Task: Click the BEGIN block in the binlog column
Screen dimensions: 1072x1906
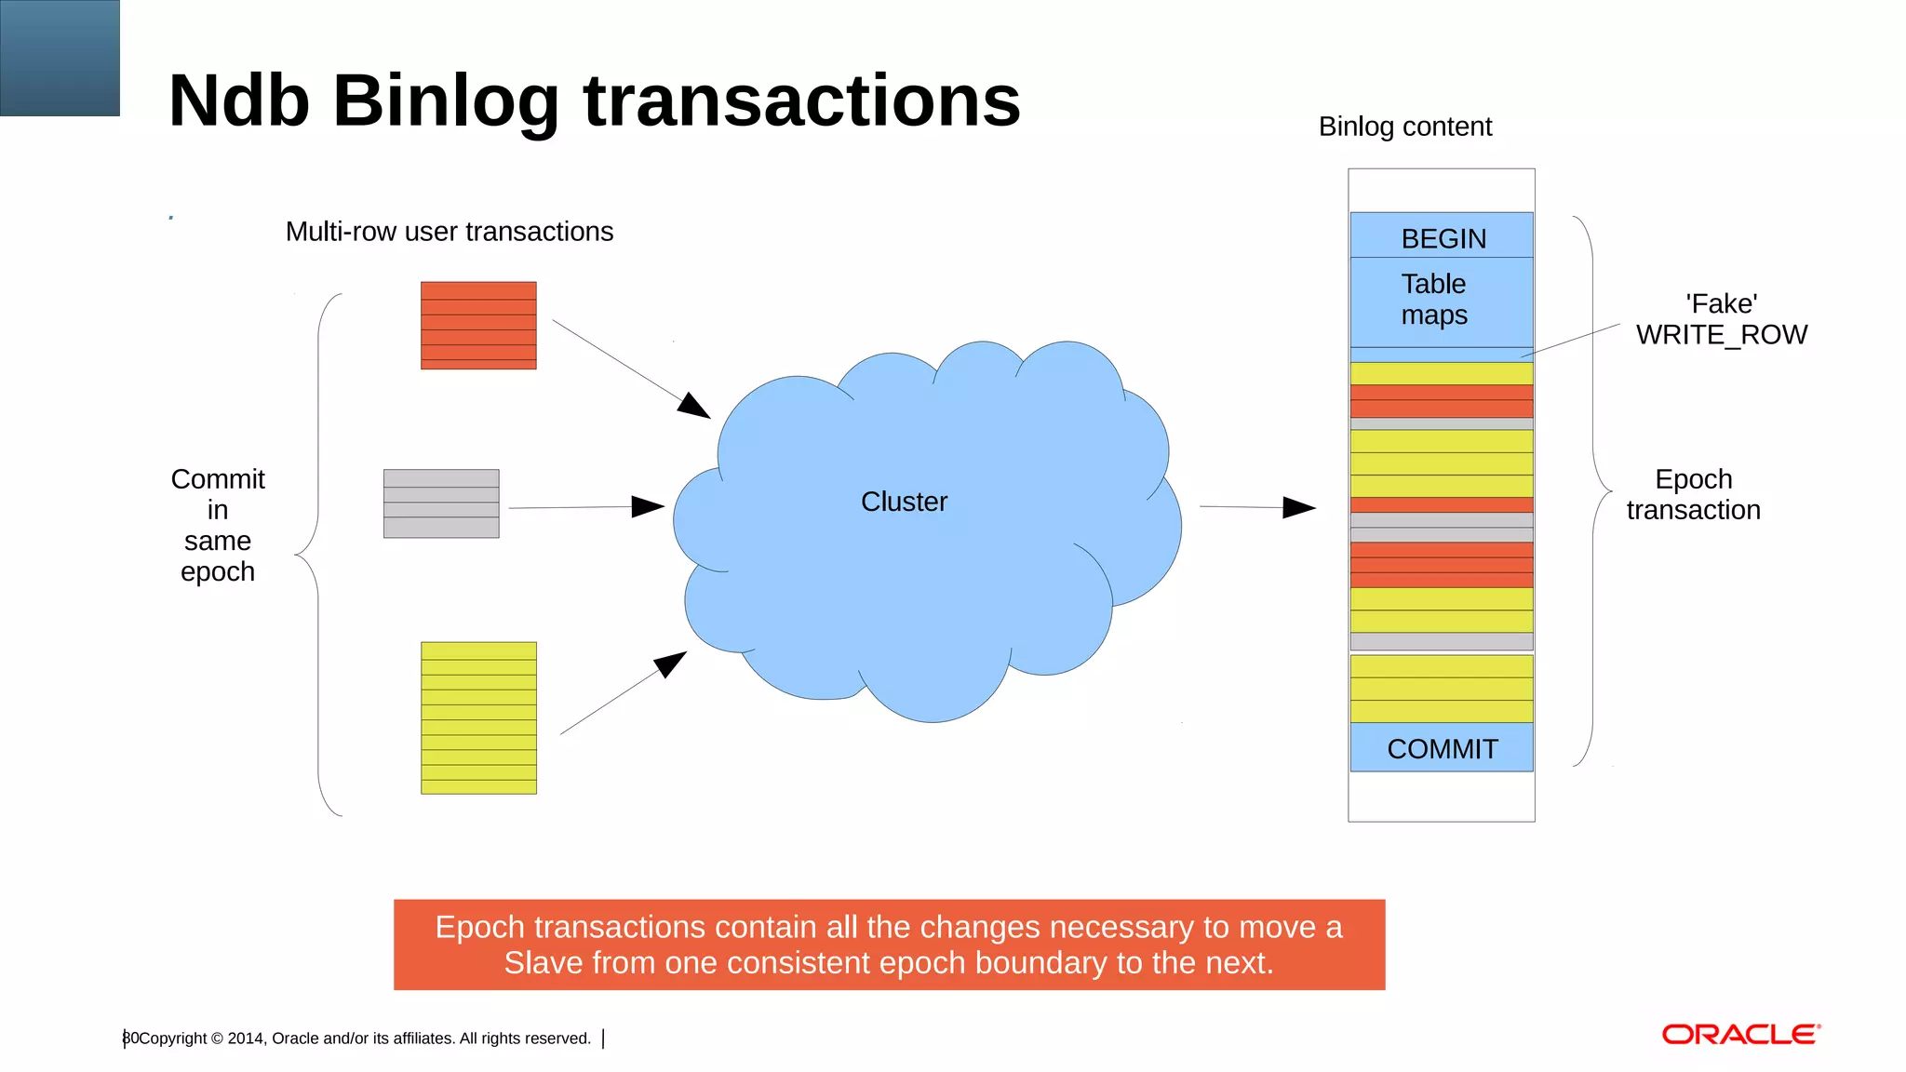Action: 1442,237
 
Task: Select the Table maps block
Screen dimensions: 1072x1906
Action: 1441,300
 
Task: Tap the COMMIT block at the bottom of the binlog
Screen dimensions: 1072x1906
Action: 1442,748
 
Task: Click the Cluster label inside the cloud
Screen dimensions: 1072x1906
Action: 904,502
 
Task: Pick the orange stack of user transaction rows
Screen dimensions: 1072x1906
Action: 478,325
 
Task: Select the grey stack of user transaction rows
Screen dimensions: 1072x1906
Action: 441,503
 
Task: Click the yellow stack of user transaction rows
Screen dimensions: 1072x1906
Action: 478,717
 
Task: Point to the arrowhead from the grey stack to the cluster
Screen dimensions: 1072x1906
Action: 649,506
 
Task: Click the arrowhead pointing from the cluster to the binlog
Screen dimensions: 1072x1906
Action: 1299,507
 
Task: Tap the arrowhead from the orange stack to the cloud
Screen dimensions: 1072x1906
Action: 694,406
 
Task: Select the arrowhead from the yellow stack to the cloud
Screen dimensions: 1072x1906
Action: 670,663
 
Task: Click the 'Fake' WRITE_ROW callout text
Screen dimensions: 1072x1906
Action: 1721,319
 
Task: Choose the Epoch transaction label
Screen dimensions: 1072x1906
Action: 1693,494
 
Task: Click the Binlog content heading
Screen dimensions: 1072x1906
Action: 1404,127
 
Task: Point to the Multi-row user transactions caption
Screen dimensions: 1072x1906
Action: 450,232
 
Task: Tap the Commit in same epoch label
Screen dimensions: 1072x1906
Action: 218,525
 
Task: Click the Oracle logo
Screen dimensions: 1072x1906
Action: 1740,1035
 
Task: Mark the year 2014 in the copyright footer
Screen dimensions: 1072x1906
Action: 246,1038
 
